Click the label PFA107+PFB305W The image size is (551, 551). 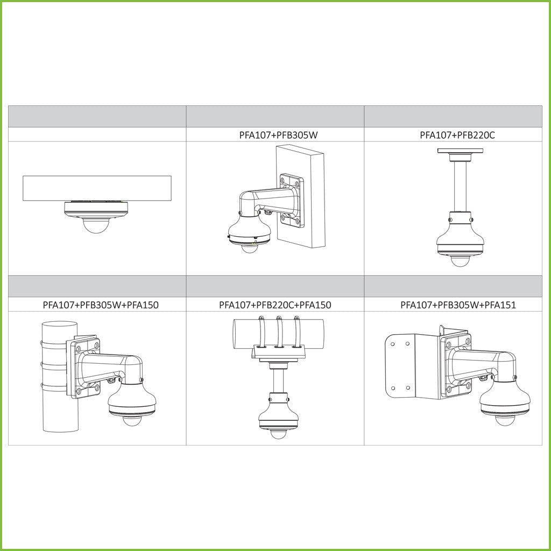pyautogui.click(x=278, y=135)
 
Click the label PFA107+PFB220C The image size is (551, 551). pyautogui.click(x=457, y=135)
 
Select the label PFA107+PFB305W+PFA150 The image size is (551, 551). pyautogui.click(x=101, y=305)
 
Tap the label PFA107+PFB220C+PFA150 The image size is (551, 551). pyautogui.click(x=275, y=305)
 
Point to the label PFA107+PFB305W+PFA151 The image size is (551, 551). pyautogui.click(x=458, y=305)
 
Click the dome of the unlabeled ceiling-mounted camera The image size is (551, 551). pyautogui.click(x=96, y=225)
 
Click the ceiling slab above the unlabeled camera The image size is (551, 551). pyautogui.click(x=97, y=188)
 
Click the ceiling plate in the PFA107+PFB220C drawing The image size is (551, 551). pyautogui.click(x=460, y=151)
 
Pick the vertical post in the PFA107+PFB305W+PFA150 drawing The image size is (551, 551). pyautogui.click(x=60, y=376)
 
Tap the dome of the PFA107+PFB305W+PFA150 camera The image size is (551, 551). pyautogui.click(x=132, y=421)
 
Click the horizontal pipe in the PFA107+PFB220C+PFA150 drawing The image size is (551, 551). pyautogui.click(x=278, y=334)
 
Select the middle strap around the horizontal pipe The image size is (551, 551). pyautogui.click(x=279, y=332)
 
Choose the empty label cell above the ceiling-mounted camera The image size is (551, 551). pyautogui.click(x=97, y=135)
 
